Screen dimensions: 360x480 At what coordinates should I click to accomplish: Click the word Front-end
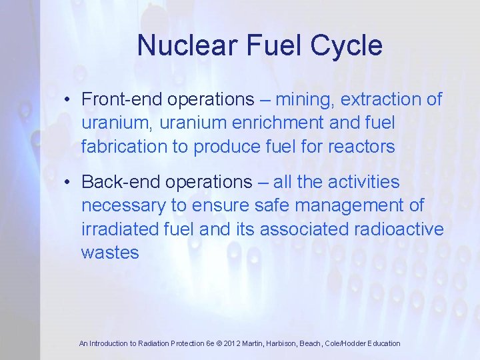(x=122, y=100)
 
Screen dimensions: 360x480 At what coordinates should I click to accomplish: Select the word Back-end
(x=121, y=182)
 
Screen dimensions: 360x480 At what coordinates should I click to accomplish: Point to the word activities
(x=363, y=182)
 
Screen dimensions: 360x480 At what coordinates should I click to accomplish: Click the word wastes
(x=110, y=252)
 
